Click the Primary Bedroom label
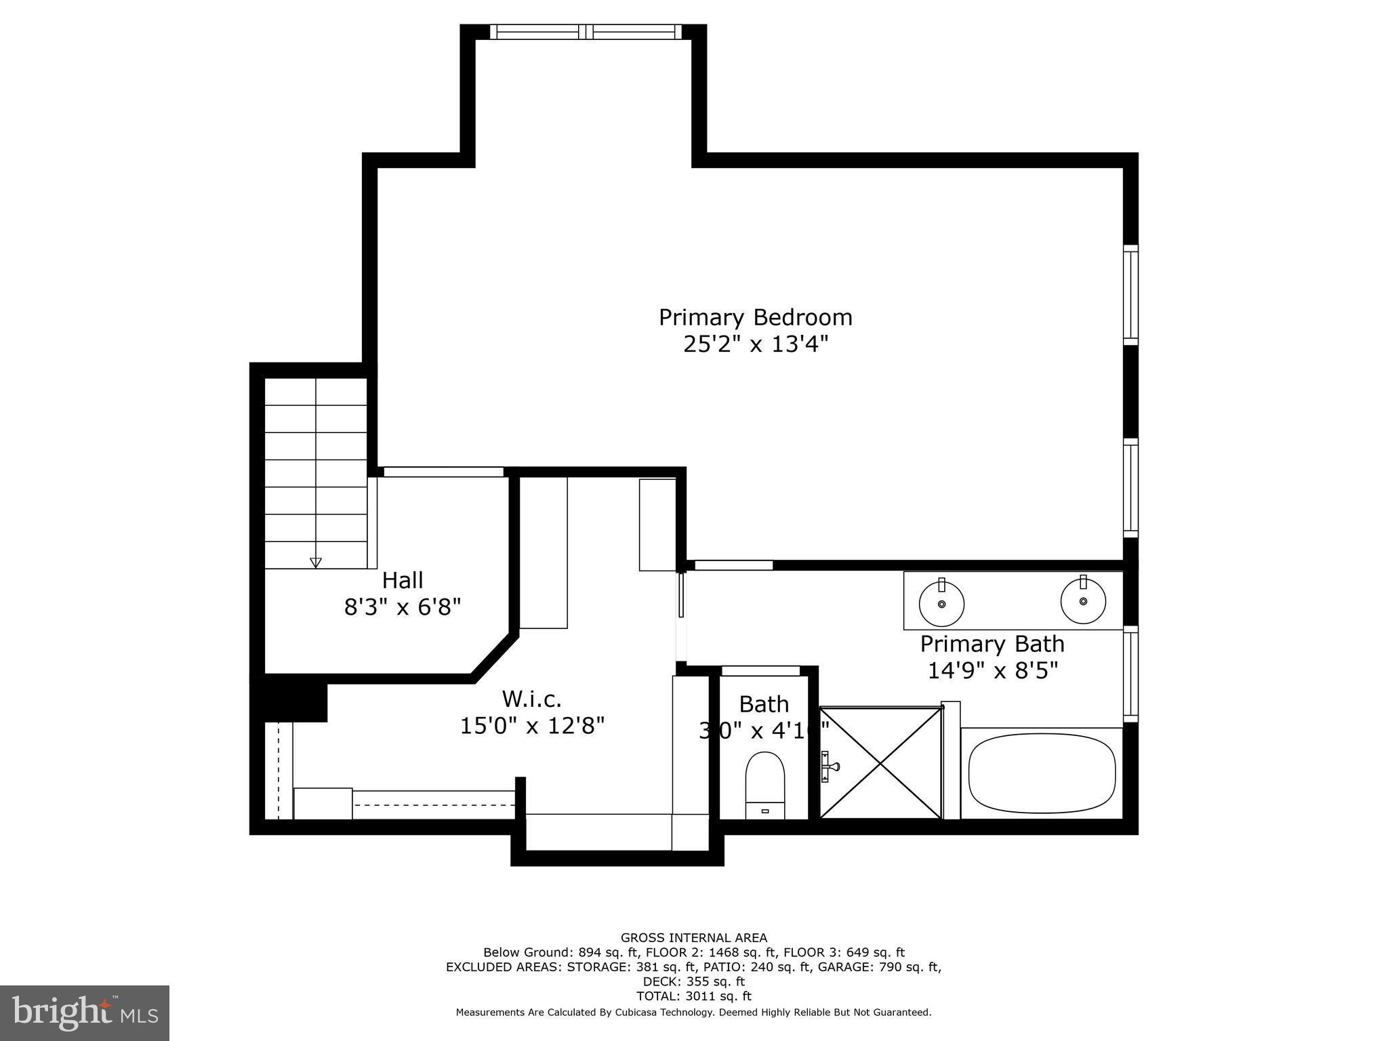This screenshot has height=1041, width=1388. pyautogui.click(x=755, y=317)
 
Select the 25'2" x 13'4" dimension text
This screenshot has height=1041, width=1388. pyautogui.click(x=755, y=344)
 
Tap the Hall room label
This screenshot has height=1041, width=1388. pyautogui.click(x=403, y=580)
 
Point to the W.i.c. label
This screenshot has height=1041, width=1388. pyautogui.click(x=531, y=698)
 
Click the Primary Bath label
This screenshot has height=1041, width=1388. pyautogui.click(x=992, y=643)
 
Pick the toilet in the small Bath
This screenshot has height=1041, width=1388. pyautogui.click(x=764, y=785)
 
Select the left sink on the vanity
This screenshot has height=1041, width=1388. pyautogui.click(x=941, y=602)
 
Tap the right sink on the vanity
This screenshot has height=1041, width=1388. pyautogui.click(x=1083, y=600)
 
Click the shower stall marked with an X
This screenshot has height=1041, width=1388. pyautogui.click(x=881, y=763)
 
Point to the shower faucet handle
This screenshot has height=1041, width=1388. pyautogui.click(x=830, y=767)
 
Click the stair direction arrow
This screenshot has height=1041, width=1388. pyautogui.click(x=315, y=562)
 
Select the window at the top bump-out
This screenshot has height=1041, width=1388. pyautogui.click(x=586, y=31)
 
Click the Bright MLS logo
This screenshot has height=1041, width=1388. pyautogui.click(x=84, y=1013)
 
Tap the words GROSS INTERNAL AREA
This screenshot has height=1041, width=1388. pyautogui.click(x=693, y=938)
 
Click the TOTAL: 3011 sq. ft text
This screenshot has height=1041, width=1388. pyautogui.click(x=693, y=996)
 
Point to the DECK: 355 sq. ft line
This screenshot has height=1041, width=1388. pyautogui.click(x=693, y=981)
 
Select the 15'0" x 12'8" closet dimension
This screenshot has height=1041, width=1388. pyautogui.click(x=531, y=726)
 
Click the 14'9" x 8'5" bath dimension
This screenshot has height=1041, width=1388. pyautogui.click(x=992, y=670)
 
